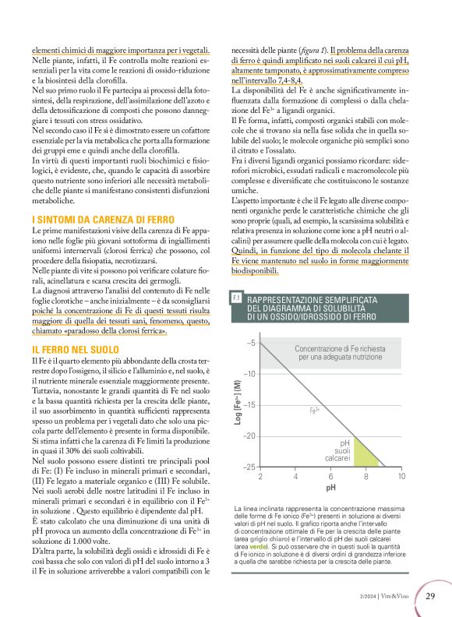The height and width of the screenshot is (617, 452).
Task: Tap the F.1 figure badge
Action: click(236, 298)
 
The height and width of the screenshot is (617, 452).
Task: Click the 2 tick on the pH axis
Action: click(260, 476)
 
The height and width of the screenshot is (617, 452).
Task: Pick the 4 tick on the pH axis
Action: click(295, 476)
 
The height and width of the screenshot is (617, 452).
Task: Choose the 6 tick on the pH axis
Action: click(330, 476)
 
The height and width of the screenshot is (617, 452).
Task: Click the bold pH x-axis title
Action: click(330, 488)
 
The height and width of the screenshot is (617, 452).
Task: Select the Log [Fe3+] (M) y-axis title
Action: click(237, 404)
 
